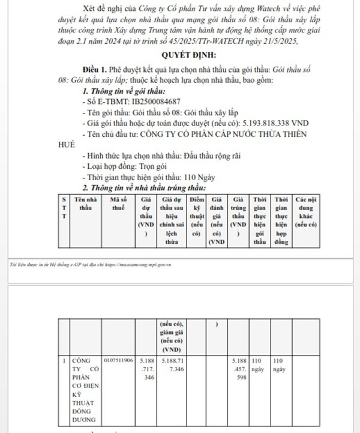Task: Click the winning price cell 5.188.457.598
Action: pos(239,369)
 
